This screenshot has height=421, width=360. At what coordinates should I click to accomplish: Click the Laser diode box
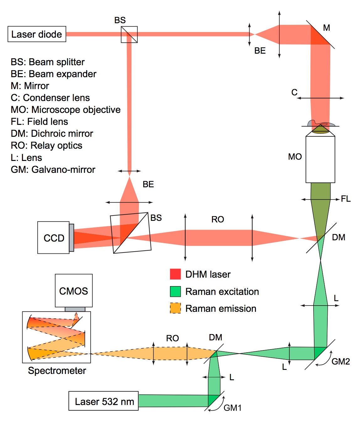(37, 34)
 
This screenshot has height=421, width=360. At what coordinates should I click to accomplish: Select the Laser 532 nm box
(103, 401)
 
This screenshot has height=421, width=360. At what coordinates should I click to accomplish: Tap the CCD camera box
(54, 238)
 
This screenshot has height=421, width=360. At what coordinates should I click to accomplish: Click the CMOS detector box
(74, 291)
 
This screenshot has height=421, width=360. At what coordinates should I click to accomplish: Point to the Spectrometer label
(57, 370)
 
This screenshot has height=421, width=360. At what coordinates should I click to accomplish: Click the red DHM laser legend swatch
(175, 274)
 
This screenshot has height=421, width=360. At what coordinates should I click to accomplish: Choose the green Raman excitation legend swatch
(175, 291)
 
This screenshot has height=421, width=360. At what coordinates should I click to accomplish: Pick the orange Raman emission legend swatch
(175, 308)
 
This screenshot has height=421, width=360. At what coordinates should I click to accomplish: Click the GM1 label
(232, 408)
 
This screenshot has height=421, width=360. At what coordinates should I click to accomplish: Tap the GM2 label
(341, 361)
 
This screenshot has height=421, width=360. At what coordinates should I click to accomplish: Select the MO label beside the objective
(295, 157)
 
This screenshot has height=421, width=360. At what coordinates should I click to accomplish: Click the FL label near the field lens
(346, 199)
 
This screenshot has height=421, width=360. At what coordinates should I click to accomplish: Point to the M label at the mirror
(326, 28)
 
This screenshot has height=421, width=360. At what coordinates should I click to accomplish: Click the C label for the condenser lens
(294, 92)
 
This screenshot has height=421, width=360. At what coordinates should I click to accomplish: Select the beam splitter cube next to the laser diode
(129, 35)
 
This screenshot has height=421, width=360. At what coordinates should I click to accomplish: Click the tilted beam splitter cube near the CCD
(131, 233)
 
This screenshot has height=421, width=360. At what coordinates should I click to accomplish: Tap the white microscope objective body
(320, 159)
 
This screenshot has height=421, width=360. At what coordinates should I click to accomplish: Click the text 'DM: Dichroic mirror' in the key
(52, 134)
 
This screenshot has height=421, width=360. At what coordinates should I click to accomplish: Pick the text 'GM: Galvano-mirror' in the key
(53, 169)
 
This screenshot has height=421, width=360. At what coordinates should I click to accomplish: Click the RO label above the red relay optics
(218, 219)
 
